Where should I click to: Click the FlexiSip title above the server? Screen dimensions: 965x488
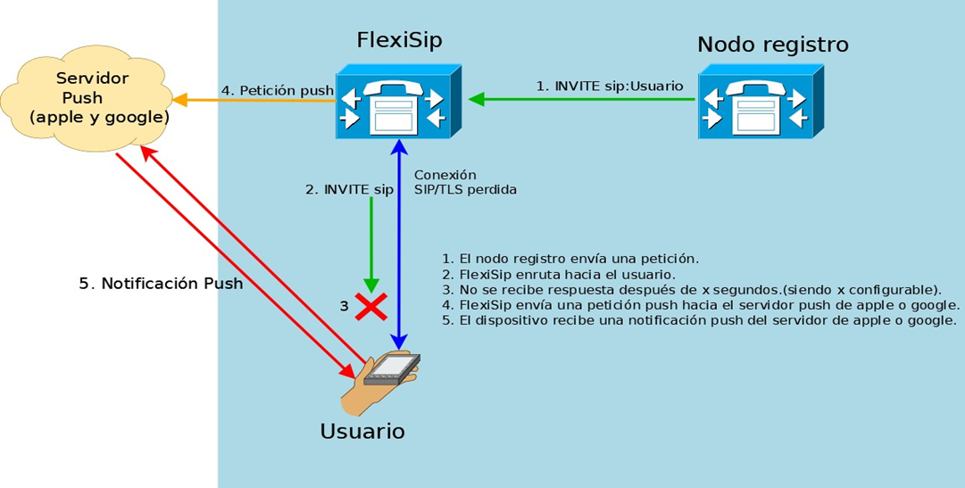pos(399,40)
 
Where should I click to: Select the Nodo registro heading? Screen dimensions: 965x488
pos(773,45)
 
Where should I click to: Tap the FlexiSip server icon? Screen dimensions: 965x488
pos(399,102)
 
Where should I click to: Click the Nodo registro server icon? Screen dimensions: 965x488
pos(761,102)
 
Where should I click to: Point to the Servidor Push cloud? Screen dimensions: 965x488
pos(87,97)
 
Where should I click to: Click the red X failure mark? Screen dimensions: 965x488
pos(371,307)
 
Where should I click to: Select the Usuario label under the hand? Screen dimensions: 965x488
pos(362,431)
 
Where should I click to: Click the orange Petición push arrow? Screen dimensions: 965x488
pos(254,100)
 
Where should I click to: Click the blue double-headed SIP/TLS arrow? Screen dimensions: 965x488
pos(400,244)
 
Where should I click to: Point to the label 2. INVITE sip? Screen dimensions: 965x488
pos(349,189)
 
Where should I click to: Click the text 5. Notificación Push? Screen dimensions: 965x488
pos(162,284)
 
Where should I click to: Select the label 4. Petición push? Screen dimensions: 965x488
pos(278,90)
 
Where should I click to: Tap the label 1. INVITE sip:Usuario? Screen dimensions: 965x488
pos(610,87)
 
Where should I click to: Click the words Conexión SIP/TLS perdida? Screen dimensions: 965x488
pos(465,182)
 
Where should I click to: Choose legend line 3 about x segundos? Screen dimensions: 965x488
pos(693,290)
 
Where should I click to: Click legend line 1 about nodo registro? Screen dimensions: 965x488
pos(570,258)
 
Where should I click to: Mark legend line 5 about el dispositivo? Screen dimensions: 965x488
pos(698,321)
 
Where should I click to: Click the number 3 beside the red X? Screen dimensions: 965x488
pos(345,306)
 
